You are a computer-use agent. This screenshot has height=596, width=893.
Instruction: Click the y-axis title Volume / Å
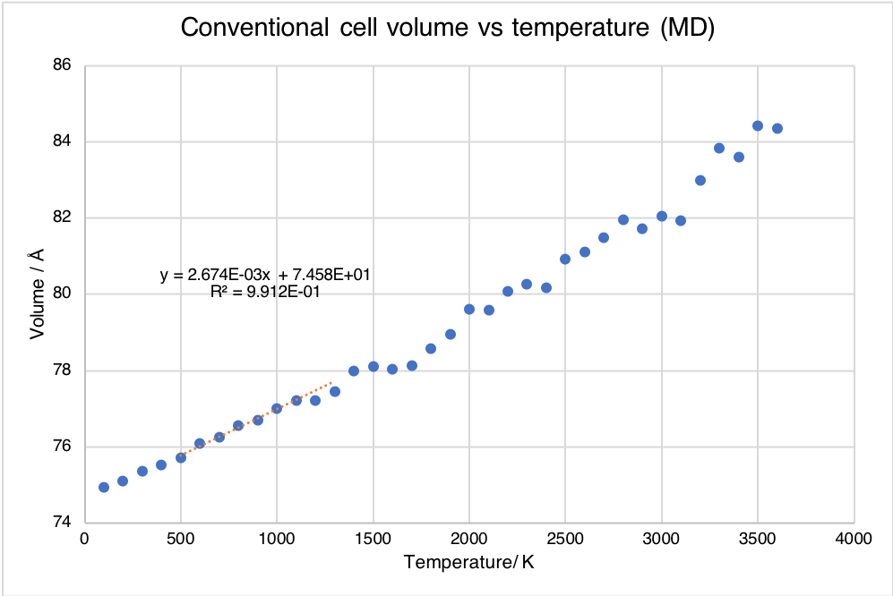pyautogui.click(x=38, y=294)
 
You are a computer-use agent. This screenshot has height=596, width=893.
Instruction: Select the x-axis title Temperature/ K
pyautogui.click(x=469, y=563)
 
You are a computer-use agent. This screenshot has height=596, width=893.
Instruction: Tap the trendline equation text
pyautogui.click(x=266, y=275)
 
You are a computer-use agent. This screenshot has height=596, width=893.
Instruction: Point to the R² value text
pyautogui.click(x=265, y=292)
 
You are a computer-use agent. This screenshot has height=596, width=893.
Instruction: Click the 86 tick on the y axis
pyautogui.click(x=64, y=65)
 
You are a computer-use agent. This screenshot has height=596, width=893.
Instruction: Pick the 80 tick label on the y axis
pyautogui.click(x=64, y=294)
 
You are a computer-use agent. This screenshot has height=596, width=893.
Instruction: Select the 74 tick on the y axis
pyautogui.click(x=64, y=523)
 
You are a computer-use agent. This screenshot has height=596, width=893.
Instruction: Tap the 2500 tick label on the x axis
pyautogui.click(x=565, y=540)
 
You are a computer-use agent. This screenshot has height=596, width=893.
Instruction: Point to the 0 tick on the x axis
pyautogui.click(x=85, y=540)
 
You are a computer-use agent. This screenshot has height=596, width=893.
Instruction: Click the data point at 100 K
pyautogui.click(x=104, y=487)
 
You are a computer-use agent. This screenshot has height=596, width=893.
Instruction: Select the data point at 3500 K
pyautogui.click(x=758, y=126)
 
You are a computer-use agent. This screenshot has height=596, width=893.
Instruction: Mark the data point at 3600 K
pyautogui.click(x=777, y=129)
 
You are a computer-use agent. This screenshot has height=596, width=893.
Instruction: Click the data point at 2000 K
pyautogui.click(x=469, y=309)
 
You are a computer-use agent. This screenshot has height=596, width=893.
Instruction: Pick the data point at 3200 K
pyautogui.click(x=700, y=180)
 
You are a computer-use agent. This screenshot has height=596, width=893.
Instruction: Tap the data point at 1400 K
pyautogui.click(x=354, y=370)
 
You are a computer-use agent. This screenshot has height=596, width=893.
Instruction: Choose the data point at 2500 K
pyautogui.click(x=565, y=260)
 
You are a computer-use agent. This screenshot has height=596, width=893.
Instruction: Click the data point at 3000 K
pyautogui.click(x=662, y=216)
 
